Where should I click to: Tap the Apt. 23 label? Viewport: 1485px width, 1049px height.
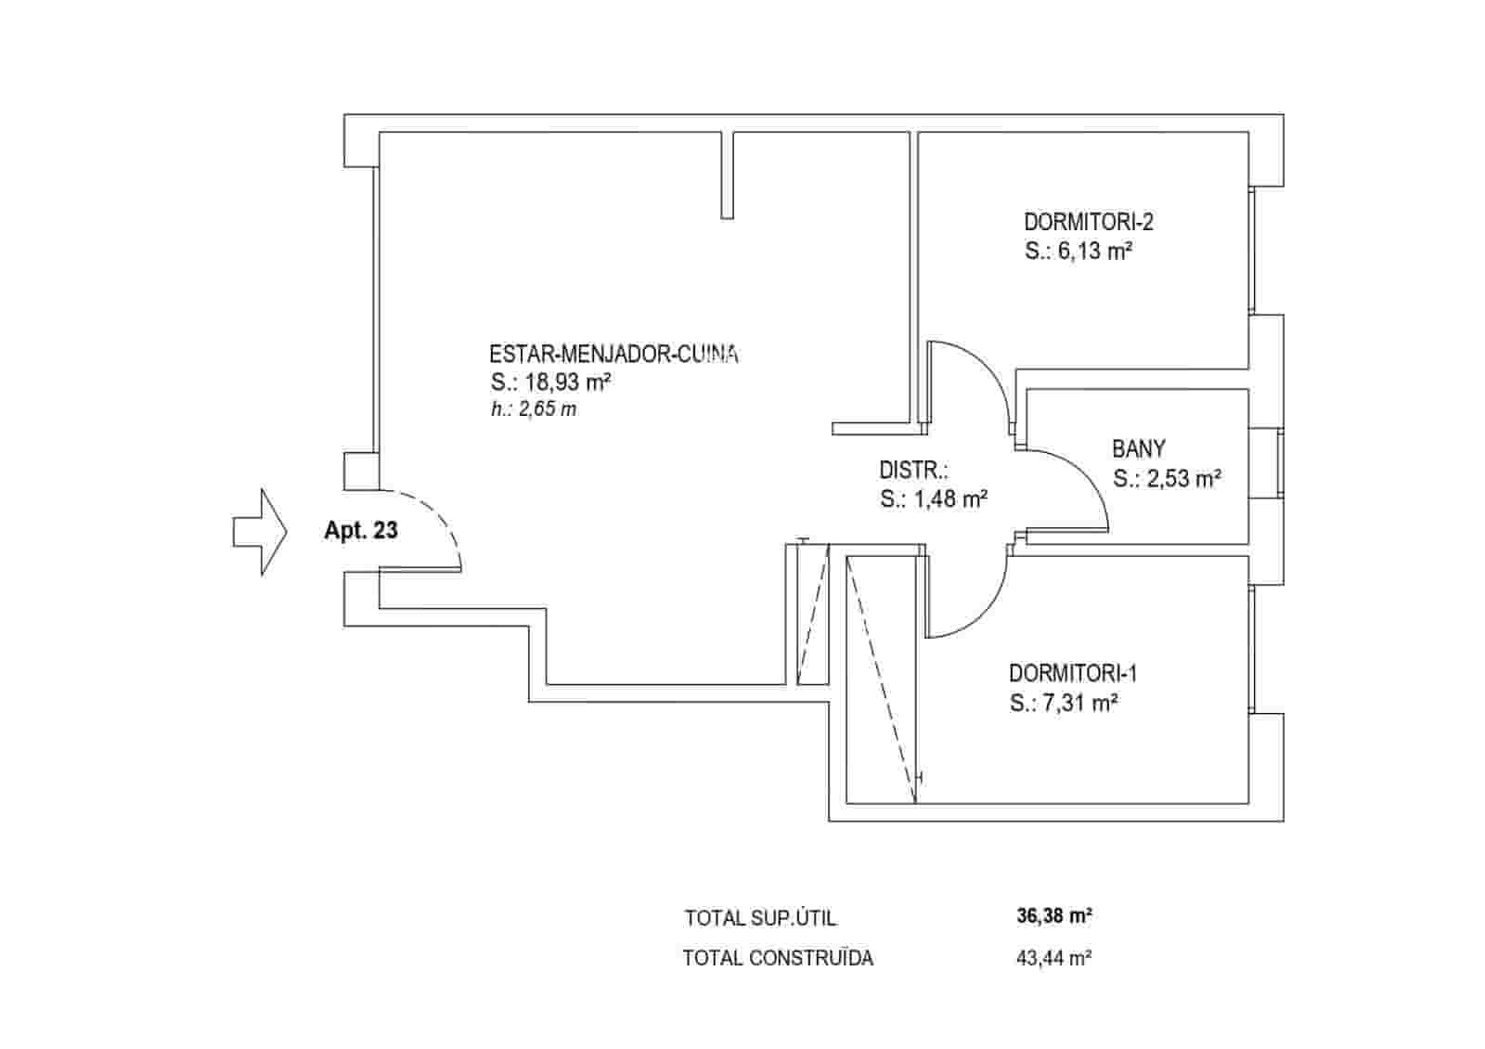(361, 531)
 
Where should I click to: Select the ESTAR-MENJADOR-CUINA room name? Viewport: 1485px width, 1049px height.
(613, 354)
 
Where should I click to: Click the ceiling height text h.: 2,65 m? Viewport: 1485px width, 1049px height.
(534, 409)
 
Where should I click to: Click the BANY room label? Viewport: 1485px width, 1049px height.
(1138, 449)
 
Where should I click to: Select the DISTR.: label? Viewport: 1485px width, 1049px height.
(913, 470)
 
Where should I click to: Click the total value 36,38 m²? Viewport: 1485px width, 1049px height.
(1053, 917)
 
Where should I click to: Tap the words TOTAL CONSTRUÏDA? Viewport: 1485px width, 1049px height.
(778, 959)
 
